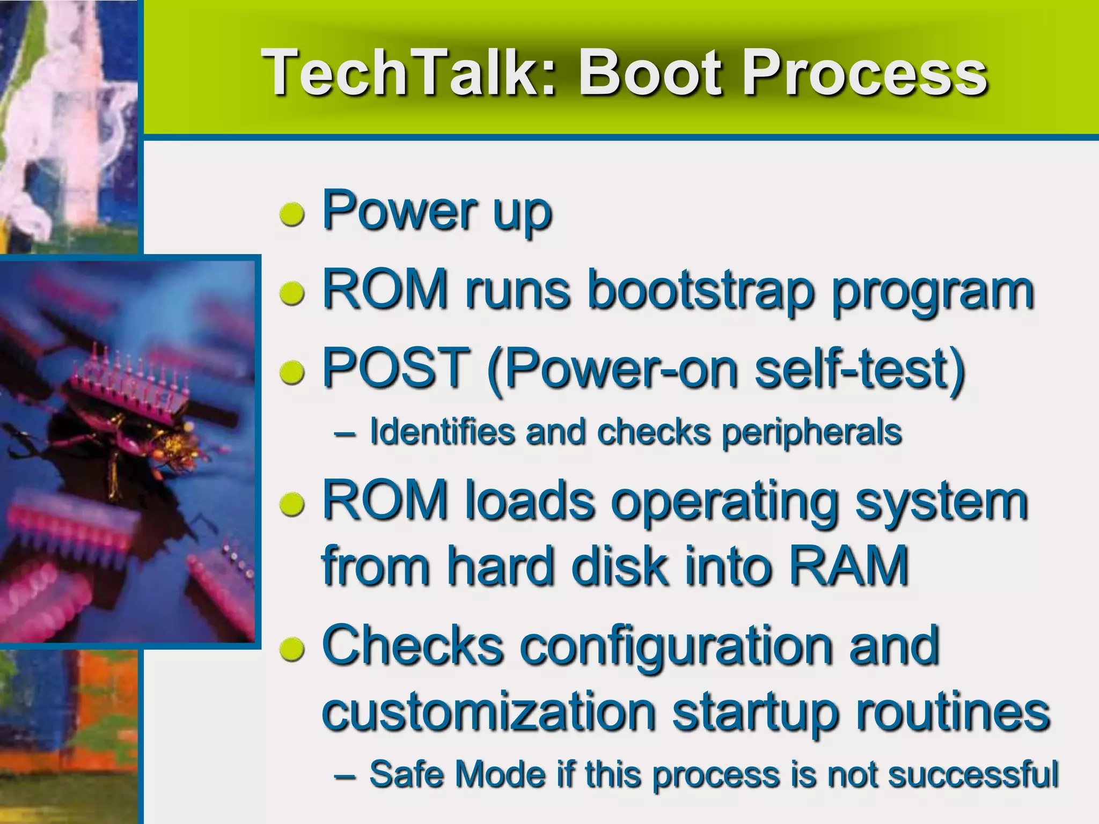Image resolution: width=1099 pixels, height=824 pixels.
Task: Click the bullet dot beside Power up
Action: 293,215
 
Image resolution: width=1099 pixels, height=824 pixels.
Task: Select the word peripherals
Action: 811,432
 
